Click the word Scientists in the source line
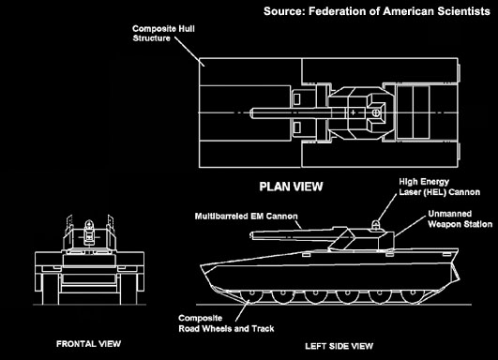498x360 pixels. click(456, 12)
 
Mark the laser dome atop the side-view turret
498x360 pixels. click(379, 226)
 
